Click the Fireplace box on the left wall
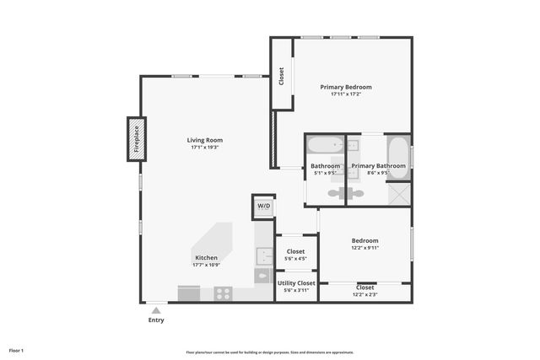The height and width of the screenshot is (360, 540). tap(136, 138)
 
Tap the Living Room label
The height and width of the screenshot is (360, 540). tap(205, 140)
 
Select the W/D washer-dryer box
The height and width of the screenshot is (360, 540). tap(263, 206)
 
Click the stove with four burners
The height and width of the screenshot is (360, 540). tap(223, 293)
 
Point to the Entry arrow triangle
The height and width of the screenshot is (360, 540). tap(155, 310)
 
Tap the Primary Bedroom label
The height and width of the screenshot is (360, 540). tap(345, 87)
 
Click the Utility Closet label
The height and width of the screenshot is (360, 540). tap(295, 283)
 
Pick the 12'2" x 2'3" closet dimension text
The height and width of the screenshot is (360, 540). tap(365, 294)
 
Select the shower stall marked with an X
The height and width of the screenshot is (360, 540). tap(399, 193)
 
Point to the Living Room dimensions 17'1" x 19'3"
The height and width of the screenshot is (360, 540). tap(205, 148)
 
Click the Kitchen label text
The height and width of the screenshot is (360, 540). tap(207, 258)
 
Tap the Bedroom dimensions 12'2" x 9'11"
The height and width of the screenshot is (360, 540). tap(365, 248)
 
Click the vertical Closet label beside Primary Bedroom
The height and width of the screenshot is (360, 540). tap(281, 76)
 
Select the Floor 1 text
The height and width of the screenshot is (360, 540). tap(17, 350)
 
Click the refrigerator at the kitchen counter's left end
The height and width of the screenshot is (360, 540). tap(189, 293)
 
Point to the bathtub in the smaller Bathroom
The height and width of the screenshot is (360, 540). tap(325, 144)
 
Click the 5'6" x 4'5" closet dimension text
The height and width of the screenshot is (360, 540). tap(295, 259)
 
